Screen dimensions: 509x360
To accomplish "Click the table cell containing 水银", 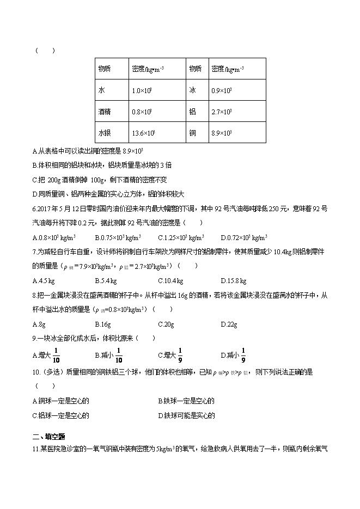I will pos(105,133).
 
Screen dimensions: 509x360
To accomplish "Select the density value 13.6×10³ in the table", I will pos(144,133).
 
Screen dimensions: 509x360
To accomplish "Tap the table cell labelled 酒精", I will pos(105,112).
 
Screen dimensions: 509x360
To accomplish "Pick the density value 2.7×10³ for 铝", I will pos(222,112).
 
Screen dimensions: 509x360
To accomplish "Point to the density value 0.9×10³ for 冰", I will pos(222,90).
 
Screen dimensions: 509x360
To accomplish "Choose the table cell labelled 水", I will pos(102,90).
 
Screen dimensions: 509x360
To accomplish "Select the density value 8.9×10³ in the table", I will pos(222,133).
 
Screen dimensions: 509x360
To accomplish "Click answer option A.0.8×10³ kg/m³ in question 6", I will pos(54,237).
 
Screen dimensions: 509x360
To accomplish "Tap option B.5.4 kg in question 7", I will pos(105,281).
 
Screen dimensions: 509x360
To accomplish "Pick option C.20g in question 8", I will pos(166,324).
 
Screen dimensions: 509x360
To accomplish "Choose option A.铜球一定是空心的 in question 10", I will pos(60,401).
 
